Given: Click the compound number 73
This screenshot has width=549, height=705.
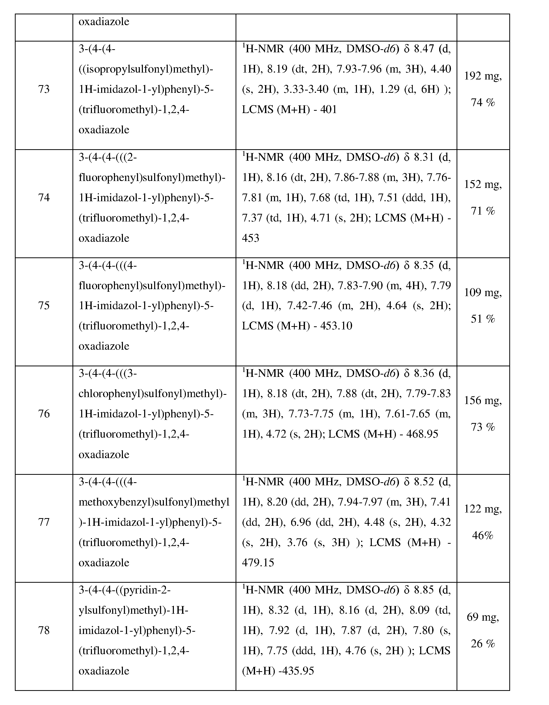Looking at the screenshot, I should [x=44, y=89].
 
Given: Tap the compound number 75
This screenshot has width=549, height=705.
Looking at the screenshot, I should [x=44, y=305].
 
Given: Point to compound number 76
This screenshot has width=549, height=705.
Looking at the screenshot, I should [x=44, y=414].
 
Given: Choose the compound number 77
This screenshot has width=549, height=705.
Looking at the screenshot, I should [x=44, y=522].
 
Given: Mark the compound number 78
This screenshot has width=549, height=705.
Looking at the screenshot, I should [x=44, y=630].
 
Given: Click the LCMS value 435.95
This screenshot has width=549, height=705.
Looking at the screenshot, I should [x=297, y=671].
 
